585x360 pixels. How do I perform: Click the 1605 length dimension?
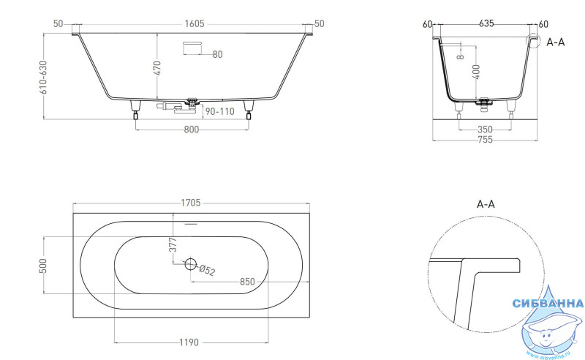[195, 24]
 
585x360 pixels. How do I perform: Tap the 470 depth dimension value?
[157, 68]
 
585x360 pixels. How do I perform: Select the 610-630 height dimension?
[44, 78]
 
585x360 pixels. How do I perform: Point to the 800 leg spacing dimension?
[192, 130]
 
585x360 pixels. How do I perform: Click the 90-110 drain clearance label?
[220, 111]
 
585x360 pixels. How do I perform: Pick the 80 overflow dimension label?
[217, 55]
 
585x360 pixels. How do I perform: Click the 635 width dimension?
[486, 23]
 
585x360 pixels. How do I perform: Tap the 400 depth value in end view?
[476, 72]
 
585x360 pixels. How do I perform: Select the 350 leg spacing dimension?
[485, 130]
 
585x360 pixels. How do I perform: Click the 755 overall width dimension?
[485, 140]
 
